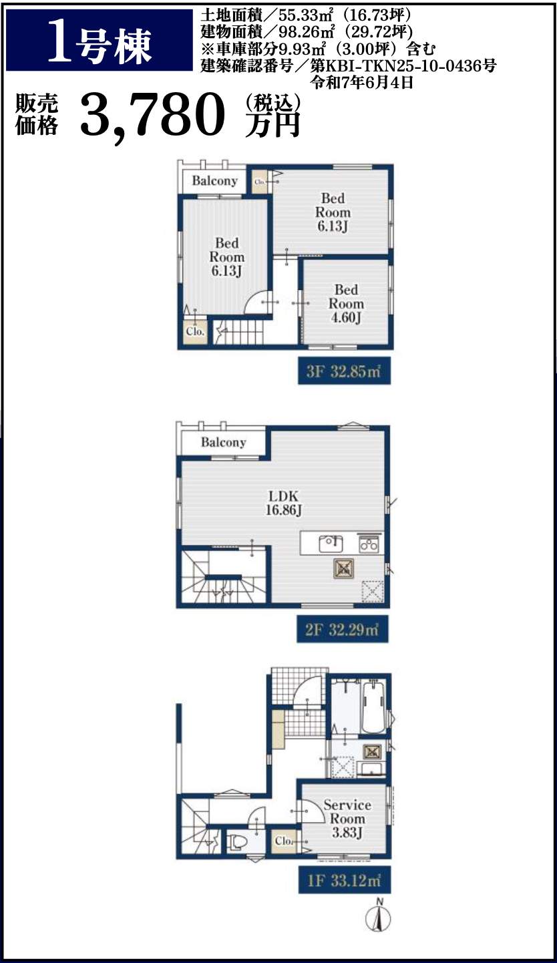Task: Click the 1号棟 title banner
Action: pyautogui.click(x=100, y=41)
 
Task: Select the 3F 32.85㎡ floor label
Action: pyautogui.click(x=344, y=371)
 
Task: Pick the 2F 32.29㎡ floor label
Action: pyautogui.click(x=343, y=629)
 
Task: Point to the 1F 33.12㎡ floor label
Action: pyautogui.click(x=345, y=880)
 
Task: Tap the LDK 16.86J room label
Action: pyautogui.click(x=283, y=503)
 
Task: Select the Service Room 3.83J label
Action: pyautogui.click(x=347, y=819)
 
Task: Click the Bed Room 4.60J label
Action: pyautogui.click(x=346, y=303)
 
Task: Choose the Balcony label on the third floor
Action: pyautogui.click(x=214, y=181)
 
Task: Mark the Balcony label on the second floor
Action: pyautogui.click(x=224, y=442)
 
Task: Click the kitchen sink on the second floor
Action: pyautogui.click(x=331, y=544)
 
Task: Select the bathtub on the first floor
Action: pyautogui.click(x=373, y=708)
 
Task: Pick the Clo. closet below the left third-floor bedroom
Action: pyautogui.click(x=195, y=331)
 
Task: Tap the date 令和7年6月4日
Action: pyautogui.click(x=362, y=83)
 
